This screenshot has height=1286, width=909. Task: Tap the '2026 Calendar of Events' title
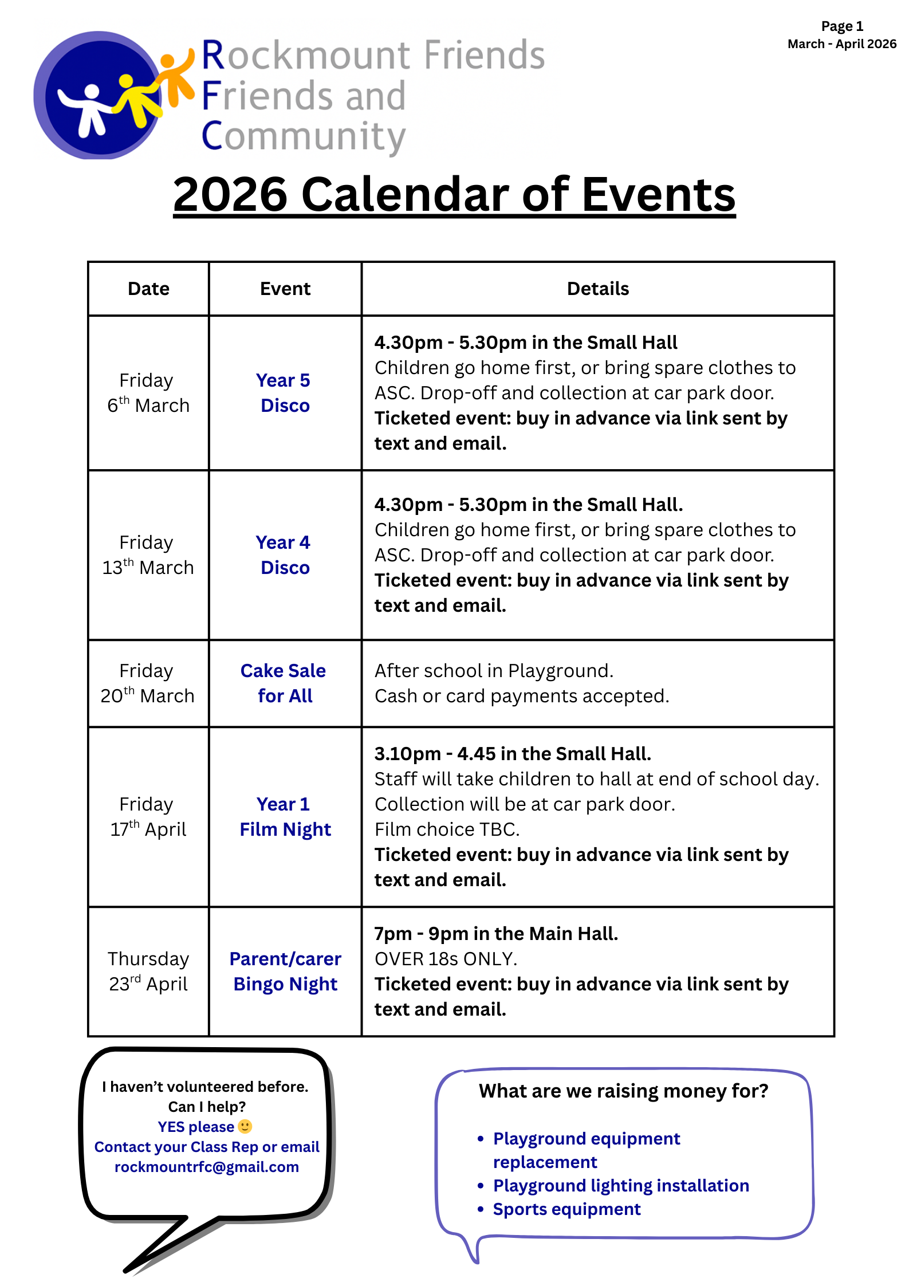(x=454, y=195)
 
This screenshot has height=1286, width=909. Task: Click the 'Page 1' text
(x=841, y=26)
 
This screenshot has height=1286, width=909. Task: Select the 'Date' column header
(x=148, y=289)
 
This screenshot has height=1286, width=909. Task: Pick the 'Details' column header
(x=597, y=289)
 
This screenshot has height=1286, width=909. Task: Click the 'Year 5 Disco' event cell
(x=285, y=393)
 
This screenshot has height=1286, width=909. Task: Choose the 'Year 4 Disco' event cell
(x=285, y=555)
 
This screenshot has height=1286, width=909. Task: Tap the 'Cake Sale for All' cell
(x=285, y=683)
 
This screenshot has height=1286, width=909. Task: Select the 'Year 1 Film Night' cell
(x=285, y=817)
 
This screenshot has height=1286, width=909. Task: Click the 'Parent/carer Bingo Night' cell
(x=285, y=972)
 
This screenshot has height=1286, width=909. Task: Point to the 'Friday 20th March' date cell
(x=148, y=683)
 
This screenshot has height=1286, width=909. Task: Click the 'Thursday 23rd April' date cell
(x=148, y=972)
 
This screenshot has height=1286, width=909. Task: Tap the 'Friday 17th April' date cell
(x=148, y=817)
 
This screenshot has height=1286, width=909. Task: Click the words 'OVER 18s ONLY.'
(x=446, y=959)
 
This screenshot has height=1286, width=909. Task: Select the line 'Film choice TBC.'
(x=447, y=829)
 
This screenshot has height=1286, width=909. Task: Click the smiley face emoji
(x=245, y=1126)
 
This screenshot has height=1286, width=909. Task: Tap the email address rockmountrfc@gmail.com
(x=207, y=1167)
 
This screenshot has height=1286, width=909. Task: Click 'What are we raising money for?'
(x=623, y=1091)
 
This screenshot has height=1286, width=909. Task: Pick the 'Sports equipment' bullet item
(x=566, y=1209)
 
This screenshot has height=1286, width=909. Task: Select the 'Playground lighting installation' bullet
(x=621, y=1186)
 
